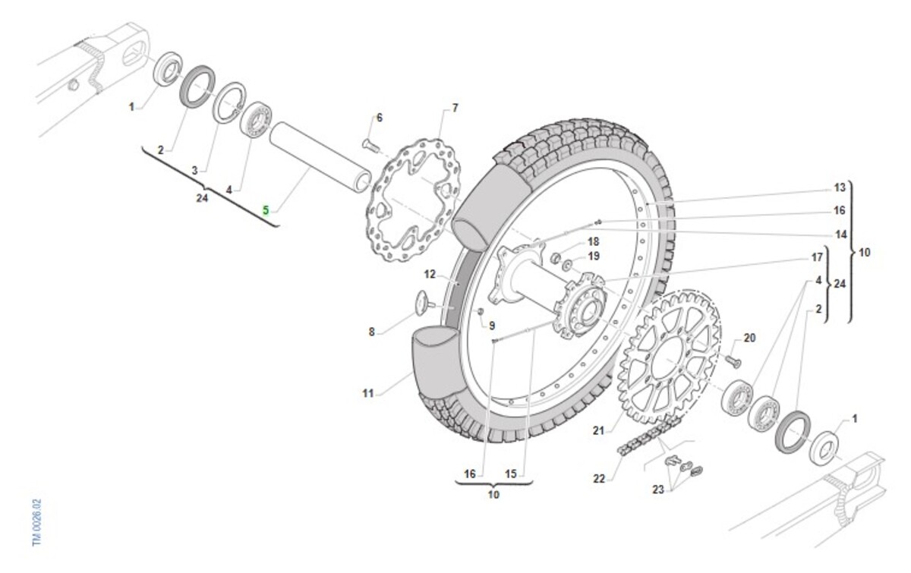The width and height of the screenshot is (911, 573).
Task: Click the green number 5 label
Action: pos(266,209)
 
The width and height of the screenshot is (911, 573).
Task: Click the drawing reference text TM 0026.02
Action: pos(36,523)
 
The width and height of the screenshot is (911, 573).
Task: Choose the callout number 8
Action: pos(370,332)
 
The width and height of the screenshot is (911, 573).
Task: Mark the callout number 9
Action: pos(491,326)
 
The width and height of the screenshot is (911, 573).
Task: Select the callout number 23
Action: pos(658,490)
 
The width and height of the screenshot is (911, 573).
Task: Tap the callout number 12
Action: pos(430,273)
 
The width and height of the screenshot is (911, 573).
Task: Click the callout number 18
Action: pos(593,241)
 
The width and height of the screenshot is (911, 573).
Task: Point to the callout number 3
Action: pos(194,171)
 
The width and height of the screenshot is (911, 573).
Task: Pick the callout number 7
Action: pos(455,108)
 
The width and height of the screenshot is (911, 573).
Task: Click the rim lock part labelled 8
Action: pos(420,302)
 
